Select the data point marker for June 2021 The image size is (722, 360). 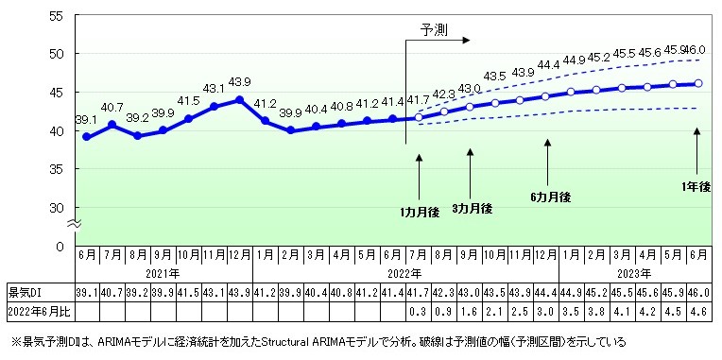point(86,137)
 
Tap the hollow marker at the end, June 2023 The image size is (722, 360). point(697,83)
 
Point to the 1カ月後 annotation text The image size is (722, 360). point(420,188)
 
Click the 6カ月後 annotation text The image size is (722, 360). point(550,197)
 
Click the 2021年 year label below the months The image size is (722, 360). point(163,272)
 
